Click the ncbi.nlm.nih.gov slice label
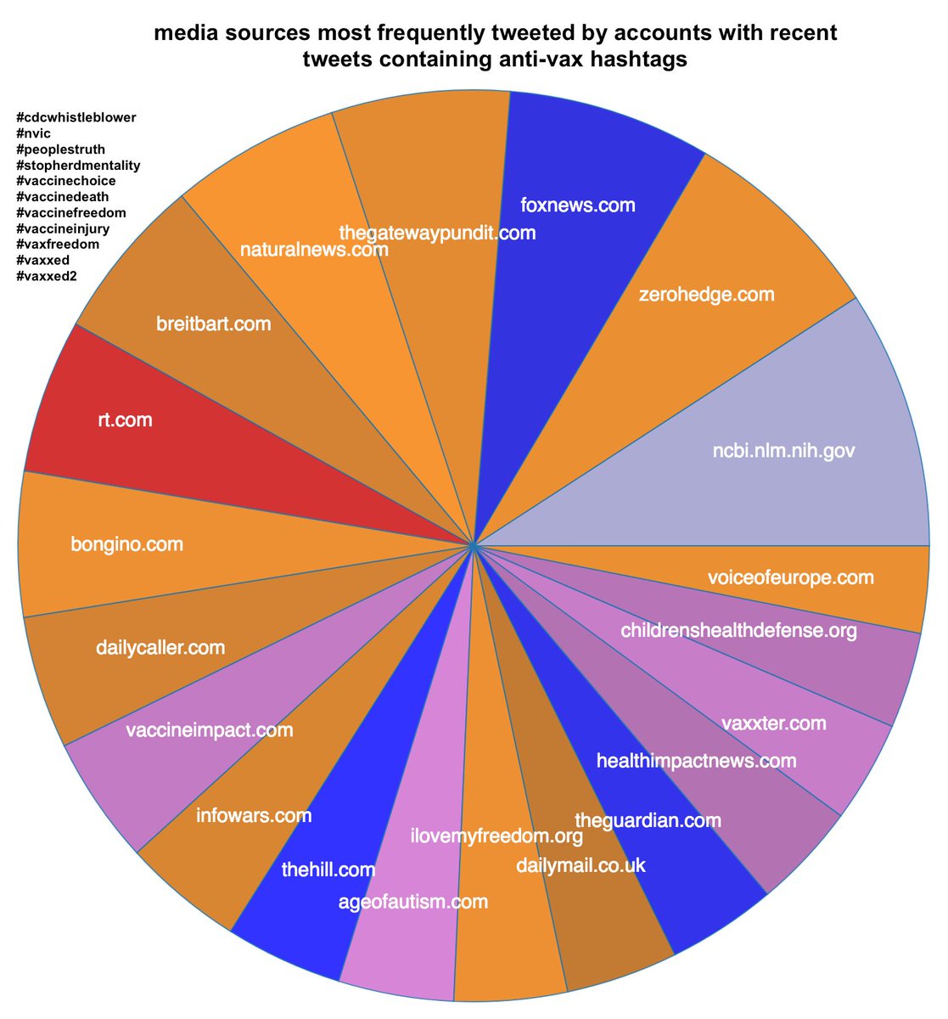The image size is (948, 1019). coord(783,451)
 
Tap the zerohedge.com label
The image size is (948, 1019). coord(706,295)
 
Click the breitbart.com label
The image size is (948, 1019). coord(214,324)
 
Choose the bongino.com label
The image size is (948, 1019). coord(126,543)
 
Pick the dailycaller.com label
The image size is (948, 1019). coord(160,648)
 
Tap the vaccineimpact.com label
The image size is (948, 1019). coord(209,729)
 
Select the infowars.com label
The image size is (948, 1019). coord(253,816)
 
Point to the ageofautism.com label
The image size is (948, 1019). coord(412,901)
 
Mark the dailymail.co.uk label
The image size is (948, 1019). coord(581,865)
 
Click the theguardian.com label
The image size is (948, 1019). coord(648,820)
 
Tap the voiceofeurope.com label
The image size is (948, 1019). coord(790,577)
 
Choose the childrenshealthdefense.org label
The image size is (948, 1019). coord(738,631)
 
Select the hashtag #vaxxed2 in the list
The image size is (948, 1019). coord(47,276)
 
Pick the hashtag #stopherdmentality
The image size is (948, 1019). coord(78,165)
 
